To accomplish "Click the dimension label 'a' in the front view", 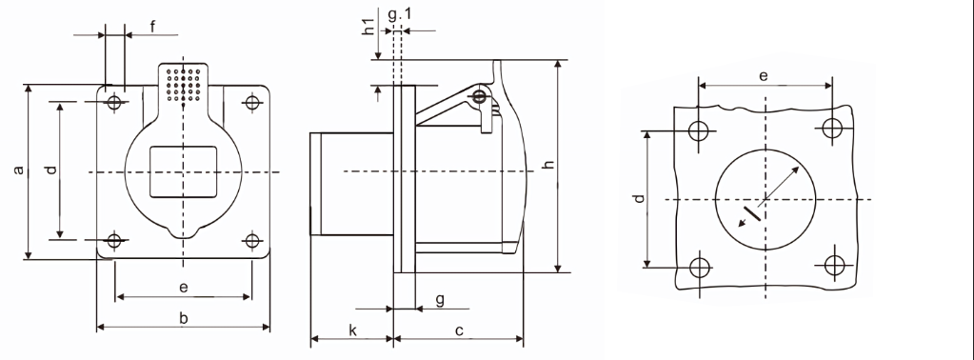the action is pos(19,170).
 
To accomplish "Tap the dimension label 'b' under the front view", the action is pos(184,318).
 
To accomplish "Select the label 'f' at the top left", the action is pos(152,26).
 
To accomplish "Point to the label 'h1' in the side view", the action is pos(369,28).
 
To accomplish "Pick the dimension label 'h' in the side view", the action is pos(548,164).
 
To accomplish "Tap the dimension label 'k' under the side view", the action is pos(353,330).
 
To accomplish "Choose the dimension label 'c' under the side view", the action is pos(459,331).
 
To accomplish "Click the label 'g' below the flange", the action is pos(440,300).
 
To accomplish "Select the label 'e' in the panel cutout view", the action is pos(764,76).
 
